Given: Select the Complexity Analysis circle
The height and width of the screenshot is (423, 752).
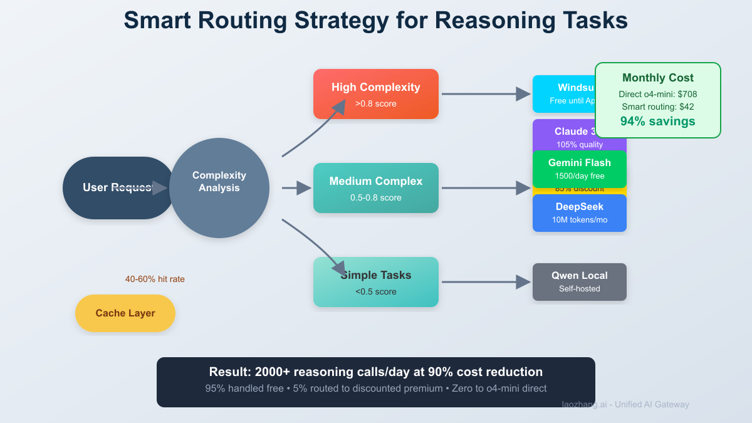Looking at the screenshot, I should click(x=219, y=188).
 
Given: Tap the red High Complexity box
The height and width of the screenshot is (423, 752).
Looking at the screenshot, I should click(x=376, y=94).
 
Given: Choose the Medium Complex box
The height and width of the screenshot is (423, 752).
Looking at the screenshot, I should click(x=376, y=188).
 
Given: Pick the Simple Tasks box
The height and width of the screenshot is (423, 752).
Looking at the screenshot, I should click(x=376, y=282).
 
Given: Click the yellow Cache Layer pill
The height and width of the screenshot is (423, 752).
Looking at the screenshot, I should click(x=125, y=313).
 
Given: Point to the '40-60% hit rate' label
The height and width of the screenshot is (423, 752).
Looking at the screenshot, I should click(x=155, y=279).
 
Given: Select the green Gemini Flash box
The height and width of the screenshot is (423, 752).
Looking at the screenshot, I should click(x=579, y=169).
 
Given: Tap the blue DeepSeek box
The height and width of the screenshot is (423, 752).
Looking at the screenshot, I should click(x=579, y=213).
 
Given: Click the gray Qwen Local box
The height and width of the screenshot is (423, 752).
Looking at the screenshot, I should click(x=579, y=282).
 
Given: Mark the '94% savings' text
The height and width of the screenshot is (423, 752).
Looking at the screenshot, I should click(x=657, y=122).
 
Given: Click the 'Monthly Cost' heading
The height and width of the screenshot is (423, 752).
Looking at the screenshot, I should click(x=657, y=78).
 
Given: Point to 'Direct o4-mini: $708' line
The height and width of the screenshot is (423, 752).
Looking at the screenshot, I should click(x=657, y=94).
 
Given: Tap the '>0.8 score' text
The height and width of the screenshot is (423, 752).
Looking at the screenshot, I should click(x=376, y=103).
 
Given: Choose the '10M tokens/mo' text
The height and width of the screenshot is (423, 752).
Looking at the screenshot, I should click(x=579, y=220).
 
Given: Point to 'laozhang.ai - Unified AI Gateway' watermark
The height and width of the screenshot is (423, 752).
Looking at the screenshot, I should click(x=625, y=404).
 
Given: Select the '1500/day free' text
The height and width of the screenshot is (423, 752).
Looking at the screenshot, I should click(x=579, y=176).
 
